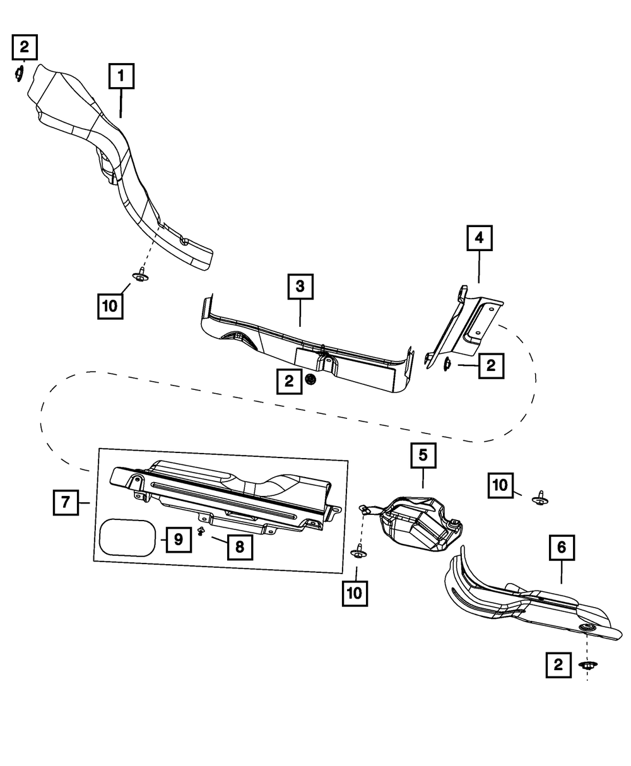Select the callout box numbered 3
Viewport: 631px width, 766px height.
pyautogui.click(x=300, y=286)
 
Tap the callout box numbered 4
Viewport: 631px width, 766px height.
pyautogui.click(x=479, y=238)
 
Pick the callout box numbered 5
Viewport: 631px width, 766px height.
pyautogui.click(x=423, y=455)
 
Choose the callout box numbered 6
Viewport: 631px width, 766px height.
pyautogui.click(x=561, y=548)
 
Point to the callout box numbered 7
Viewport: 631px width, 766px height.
pyautogui.click(x=65, y=503)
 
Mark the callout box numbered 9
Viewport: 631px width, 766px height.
pyautogui.click(x=178, y=539)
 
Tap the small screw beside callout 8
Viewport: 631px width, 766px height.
pyautogui.click(x=202, y=531)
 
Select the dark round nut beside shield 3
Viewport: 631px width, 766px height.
pyautogui.click(x=310, y=379)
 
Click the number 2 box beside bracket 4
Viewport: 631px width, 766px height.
pyautogui.click(x=491, y=365)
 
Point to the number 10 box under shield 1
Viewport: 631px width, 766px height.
pyautogui.click(x=110, y=305)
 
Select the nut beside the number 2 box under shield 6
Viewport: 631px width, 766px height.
pyautogui.click(x=587, y=664)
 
